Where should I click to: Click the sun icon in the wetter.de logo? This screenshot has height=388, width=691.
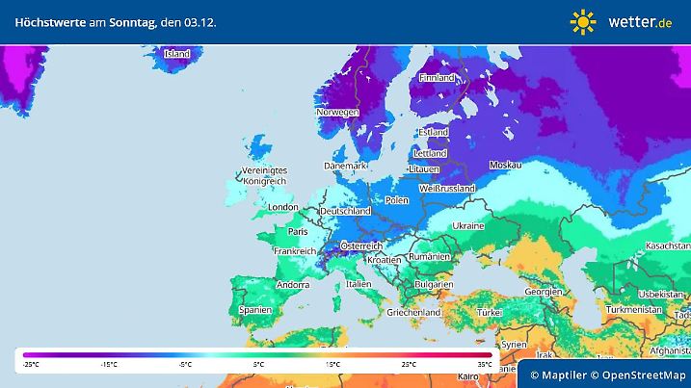583,21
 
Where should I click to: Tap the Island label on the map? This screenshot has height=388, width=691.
176,55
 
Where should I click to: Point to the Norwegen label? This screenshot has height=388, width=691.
337,112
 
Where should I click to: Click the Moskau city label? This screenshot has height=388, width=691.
505,166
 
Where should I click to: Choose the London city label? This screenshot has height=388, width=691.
282,207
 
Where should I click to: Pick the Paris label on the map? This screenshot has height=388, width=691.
298,231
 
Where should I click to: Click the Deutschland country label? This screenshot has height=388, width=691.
345,211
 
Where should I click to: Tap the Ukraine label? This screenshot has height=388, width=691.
468,225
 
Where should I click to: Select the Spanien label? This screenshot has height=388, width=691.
255,310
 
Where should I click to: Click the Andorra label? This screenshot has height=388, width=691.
292,286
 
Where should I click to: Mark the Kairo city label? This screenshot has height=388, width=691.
467,375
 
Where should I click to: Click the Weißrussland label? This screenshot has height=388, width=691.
444,189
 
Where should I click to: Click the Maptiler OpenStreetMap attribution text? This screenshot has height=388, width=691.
609,374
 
